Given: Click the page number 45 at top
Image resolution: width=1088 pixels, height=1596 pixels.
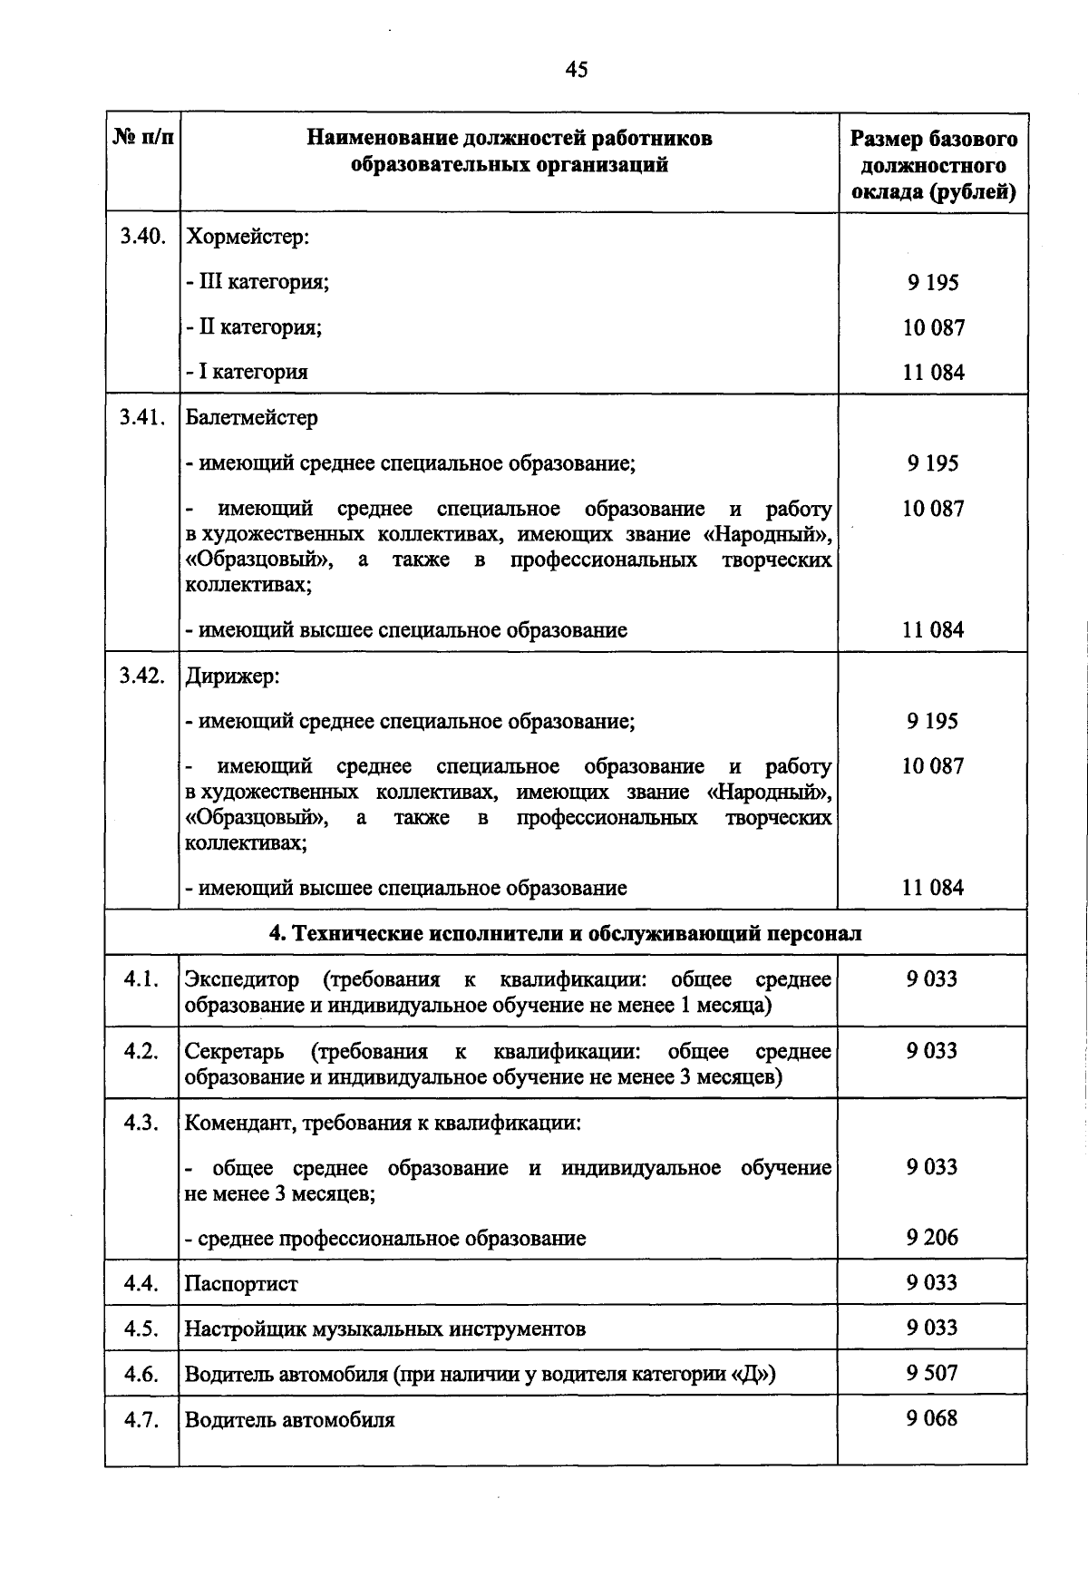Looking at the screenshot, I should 576,70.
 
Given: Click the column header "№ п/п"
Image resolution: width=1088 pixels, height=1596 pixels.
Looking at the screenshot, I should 142,138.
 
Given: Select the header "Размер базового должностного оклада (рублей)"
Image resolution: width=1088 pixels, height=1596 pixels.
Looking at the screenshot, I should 933,165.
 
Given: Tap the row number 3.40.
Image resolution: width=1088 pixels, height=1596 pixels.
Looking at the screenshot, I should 142,237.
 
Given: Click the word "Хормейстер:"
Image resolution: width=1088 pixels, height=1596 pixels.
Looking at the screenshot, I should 248,237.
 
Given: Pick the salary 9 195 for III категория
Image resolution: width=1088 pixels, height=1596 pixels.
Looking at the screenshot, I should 933,282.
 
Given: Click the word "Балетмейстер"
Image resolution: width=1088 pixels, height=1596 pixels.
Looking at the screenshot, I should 252,418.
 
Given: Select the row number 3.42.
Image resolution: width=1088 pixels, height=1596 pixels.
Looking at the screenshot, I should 142,676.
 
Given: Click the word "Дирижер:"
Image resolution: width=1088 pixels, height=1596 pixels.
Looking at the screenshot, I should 232,676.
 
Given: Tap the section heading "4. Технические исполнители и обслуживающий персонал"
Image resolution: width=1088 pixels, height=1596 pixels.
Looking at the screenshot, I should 567,933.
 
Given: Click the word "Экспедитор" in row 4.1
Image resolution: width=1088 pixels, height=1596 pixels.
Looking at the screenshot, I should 242,979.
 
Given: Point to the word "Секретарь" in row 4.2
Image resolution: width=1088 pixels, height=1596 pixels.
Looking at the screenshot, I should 235,1051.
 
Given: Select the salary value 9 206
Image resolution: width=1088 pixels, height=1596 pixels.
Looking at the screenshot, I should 932,1238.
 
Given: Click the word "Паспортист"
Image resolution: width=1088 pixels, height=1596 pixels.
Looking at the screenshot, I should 241,1284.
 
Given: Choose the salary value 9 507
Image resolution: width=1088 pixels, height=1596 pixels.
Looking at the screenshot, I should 932,1373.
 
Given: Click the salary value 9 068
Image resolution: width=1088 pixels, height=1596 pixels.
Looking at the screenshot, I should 932,1418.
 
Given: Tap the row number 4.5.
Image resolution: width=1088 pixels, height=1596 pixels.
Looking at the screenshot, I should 142,1329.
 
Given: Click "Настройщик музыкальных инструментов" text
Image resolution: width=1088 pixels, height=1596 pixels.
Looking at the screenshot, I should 385,1329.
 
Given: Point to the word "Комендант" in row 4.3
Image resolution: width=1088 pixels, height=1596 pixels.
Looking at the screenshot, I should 239,1124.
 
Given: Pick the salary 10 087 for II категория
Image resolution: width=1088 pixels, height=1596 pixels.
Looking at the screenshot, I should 933,327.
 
